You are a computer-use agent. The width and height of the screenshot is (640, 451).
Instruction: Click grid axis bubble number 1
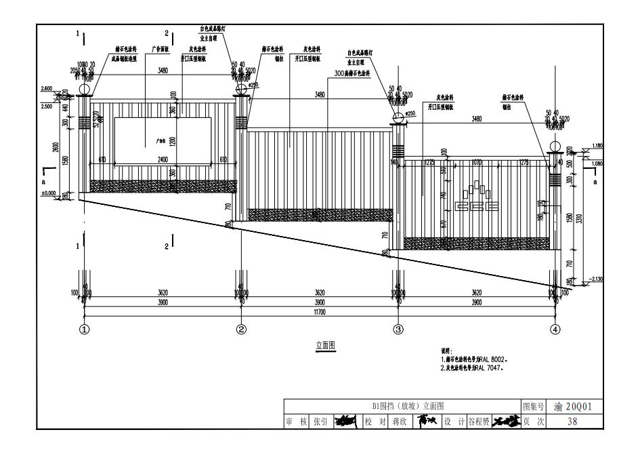(85, 330)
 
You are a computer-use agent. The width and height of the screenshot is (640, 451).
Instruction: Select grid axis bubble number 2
(241, 330)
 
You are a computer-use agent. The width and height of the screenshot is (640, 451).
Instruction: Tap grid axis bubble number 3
(398, 330)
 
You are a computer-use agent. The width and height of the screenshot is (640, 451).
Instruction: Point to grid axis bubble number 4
(555, 330)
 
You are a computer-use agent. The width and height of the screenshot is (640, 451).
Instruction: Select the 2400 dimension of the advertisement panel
(163, 159)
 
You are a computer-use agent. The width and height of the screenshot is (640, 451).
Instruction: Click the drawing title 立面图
(325, 345)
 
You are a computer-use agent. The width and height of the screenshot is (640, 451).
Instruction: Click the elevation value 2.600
(47, 88)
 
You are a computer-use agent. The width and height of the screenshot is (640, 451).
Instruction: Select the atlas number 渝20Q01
(573, 406)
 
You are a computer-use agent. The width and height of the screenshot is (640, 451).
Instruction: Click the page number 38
(573, 421)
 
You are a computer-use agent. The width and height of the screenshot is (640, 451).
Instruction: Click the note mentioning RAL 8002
(475, 359)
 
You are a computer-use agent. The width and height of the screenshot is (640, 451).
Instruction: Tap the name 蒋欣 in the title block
(399, 421)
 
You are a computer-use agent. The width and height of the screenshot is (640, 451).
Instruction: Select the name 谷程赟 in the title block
(478, 421)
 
